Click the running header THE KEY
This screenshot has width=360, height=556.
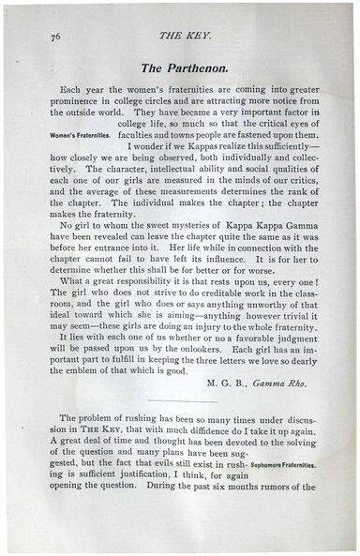(182, 38)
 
